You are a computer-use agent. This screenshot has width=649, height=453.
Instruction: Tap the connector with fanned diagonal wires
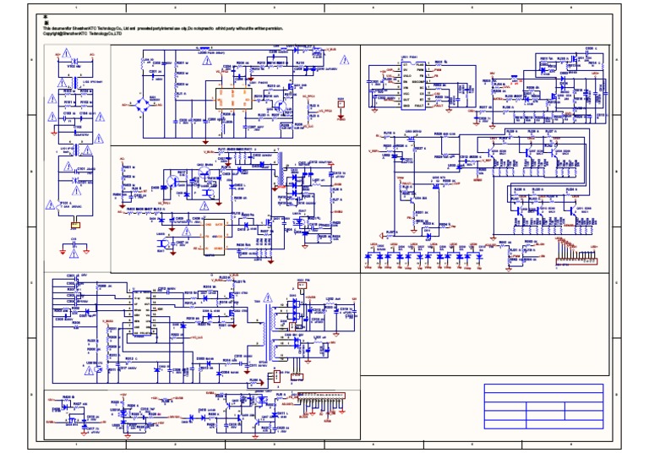coord(571,247)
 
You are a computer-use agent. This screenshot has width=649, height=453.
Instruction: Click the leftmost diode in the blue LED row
coord(372,254)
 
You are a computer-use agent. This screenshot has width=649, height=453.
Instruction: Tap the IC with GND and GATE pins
coord(209,231)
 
